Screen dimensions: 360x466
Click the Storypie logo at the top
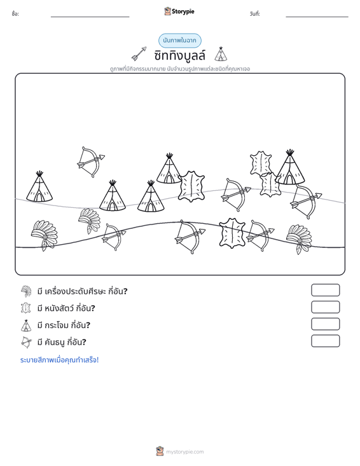pos(179,11)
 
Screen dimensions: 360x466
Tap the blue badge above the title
pos(180,41)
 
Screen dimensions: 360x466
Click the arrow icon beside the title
pos(139,54)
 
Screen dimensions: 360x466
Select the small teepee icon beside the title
pos(221,54)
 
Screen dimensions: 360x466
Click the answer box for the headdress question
pos(325,290)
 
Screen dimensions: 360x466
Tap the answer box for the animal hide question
pos(325,307)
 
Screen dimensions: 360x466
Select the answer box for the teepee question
pos(325,324)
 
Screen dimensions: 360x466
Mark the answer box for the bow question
pos(325,341)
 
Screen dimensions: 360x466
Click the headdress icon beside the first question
pos(26,291)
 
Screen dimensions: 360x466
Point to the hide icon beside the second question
pos(26,308)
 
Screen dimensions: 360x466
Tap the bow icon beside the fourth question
pos(26,342)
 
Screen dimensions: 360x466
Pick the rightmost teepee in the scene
pos(290,167)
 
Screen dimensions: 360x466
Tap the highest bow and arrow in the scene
pos(91,161)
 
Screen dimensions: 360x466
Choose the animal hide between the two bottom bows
pos(232,233)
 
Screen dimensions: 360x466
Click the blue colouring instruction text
pos(59,360)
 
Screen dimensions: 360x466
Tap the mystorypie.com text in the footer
pos(185,452)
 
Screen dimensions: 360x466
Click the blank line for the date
pos(317,17)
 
